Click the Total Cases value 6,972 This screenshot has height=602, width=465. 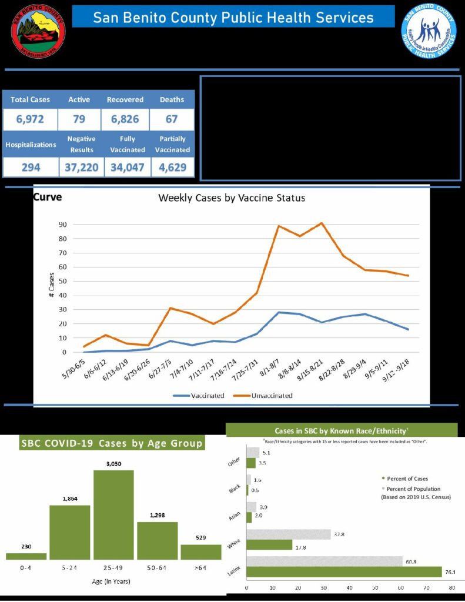point(31,119)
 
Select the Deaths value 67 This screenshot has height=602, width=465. point(172,119)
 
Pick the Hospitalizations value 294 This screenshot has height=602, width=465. point(31,167)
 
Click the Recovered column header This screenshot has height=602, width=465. point(125,100)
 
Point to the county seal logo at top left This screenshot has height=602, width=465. point(39,31)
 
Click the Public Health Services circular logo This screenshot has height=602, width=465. point(429,31)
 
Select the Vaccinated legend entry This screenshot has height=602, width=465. point(199,396)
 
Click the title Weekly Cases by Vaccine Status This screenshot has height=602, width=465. point(232,198)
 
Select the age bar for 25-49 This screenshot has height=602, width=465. point(113,514)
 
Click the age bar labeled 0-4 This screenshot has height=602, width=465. point(26,556)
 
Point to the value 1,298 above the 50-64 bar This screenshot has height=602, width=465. point(157,515)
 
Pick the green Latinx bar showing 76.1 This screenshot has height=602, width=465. point(344,571)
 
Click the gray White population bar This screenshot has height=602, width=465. point(289,534)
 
